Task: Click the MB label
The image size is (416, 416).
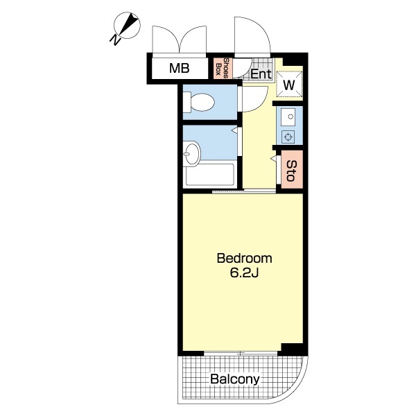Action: tap(180, 68)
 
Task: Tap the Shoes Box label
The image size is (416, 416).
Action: tap(223, 68)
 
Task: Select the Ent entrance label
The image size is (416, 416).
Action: tap(261, 73)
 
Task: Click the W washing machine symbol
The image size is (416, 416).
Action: tap(289, 85)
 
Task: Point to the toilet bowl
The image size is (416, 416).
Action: tap(202, 102)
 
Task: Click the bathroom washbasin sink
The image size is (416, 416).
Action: tap(191, 154)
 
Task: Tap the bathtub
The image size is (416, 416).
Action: tap(209, 174)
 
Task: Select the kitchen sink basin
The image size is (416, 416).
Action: tap(289, 117)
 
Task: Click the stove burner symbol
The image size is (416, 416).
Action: tap(288, 137)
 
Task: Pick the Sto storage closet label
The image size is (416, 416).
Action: tap(291, 171)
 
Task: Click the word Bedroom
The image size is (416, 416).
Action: tap(244, 259)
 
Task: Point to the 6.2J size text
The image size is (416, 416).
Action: tap(244, 273)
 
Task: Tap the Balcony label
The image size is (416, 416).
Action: tap(235, 379)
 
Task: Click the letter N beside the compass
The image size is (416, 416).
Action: tap(115, 40)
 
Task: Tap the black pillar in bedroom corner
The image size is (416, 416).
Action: tap(293, 349)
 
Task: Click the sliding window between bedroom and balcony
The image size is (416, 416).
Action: tap(241, 354)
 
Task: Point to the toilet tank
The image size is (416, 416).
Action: tap(187, 102)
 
